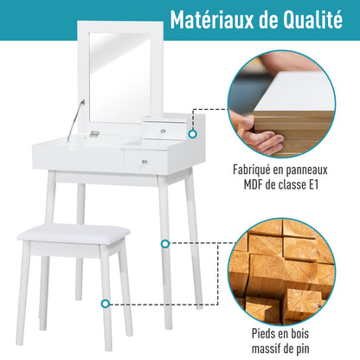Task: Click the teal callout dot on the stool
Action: pos(106,304)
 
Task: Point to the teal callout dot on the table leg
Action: pos(164,244)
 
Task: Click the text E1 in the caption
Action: pos(326,185)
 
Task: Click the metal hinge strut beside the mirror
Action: pos(80,110)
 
